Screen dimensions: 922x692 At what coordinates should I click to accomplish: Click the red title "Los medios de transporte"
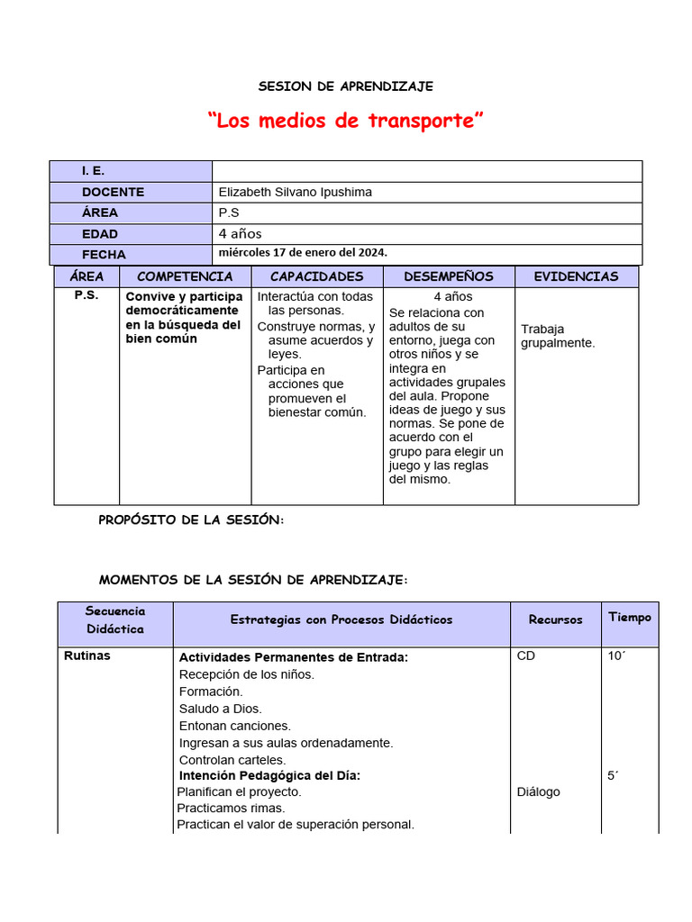click(345, 121)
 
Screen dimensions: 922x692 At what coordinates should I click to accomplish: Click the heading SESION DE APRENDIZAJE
click(345, 86)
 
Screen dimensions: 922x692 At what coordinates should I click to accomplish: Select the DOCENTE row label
click(113, 192)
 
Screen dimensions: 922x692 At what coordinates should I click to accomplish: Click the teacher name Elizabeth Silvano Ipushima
click(295, 192)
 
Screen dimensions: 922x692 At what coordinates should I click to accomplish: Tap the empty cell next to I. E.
click(426, 171)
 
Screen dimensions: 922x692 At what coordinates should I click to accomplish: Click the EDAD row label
click(99, 234)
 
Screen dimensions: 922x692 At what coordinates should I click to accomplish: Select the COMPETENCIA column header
click(185, 276)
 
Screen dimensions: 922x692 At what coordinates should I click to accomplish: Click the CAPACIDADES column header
click(316, 276)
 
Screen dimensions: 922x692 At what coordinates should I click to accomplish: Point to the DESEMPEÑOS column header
click(448, 276)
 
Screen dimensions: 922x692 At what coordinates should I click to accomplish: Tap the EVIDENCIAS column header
click(576, 276)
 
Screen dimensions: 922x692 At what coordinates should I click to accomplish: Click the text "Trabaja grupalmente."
click(558, 336)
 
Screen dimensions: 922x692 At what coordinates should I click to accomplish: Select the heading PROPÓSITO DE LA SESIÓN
click(191, 520)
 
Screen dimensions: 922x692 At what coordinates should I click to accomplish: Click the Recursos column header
click(555, 619)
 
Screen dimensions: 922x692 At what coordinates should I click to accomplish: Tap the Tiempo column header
click(629, 617)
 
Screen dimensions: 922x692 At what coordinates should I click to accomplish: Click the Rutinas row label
click(87, 655)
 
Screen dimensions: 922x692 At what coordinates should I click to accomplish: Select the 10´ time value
click(616, 656)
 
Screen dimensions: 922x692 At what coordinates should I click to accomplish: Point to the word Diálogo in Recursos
click(538, 791)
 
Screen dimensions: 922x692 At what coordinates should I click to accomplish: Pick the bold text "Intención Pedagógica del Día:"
click(269, 775)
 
